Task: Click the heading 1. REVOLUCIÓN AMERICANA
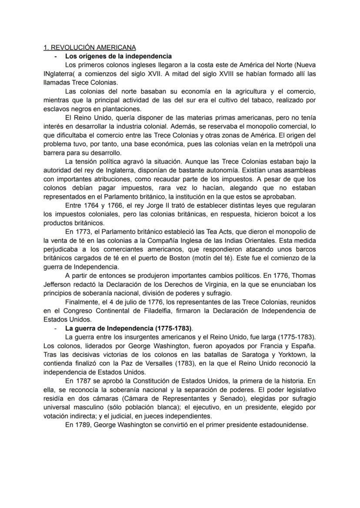[x=90, y=47]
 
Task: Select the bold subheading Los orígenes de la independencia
[x=118, y=56]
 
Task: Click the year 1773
[x=86, y=231]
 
